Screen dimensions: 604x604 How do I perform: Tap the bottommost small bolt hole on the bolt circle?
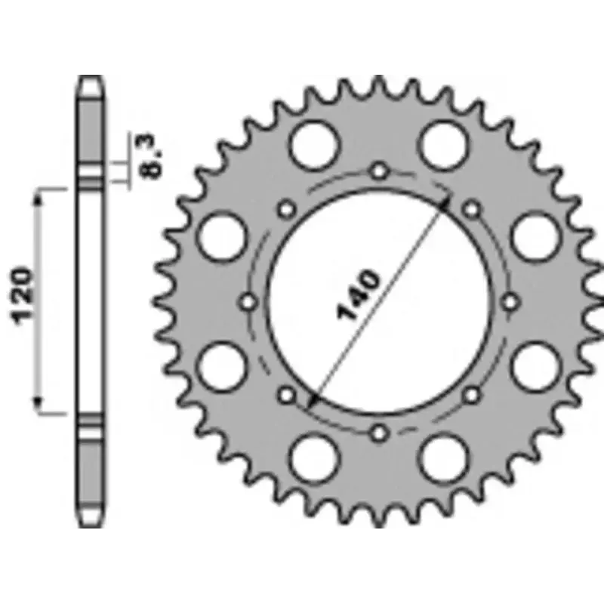381,433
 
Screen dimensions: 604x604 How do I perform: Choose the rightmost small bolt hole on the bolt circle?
513,302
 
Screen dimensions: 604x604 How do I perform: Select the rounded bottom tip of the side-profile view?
90,525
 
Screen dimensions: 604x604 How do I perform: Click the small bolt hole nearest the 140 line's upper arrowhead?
473,208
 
